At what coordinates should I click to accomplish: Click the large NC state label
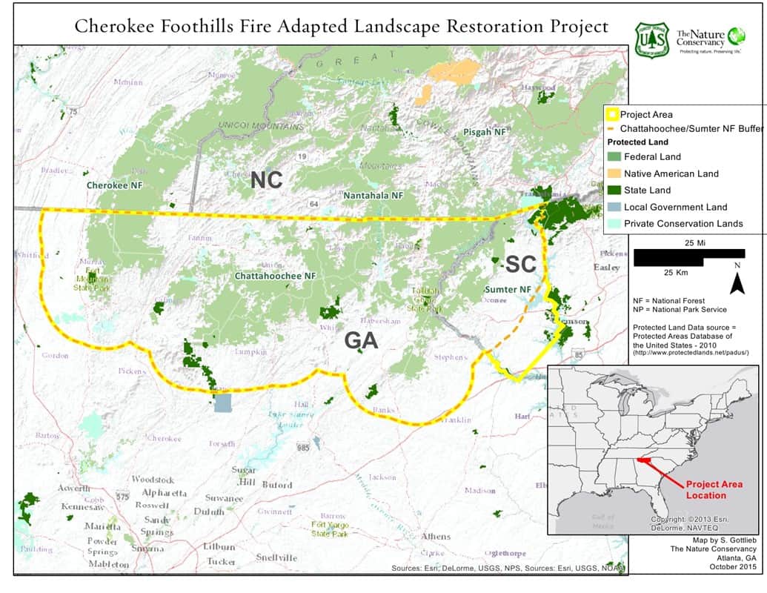point(266,180)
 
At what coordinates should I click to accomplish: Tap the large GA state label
point(361,340)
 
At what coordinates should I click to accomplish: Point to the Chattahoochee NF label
point(275,276)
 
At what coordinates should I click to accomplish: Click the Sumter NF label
point(508,289)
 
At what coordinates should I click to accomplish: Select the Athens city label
point(435,536)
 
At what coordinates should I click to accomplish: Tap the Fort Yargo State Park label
point(330,529)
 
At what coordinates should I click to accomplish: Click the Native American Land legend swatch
point(614,173)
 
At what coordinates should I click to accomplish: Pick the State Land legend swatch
point(614,191)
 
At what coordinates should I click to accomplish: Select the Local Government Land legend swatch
point(614,208)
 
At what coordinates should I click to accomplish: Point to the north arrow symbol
point(737,283)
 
